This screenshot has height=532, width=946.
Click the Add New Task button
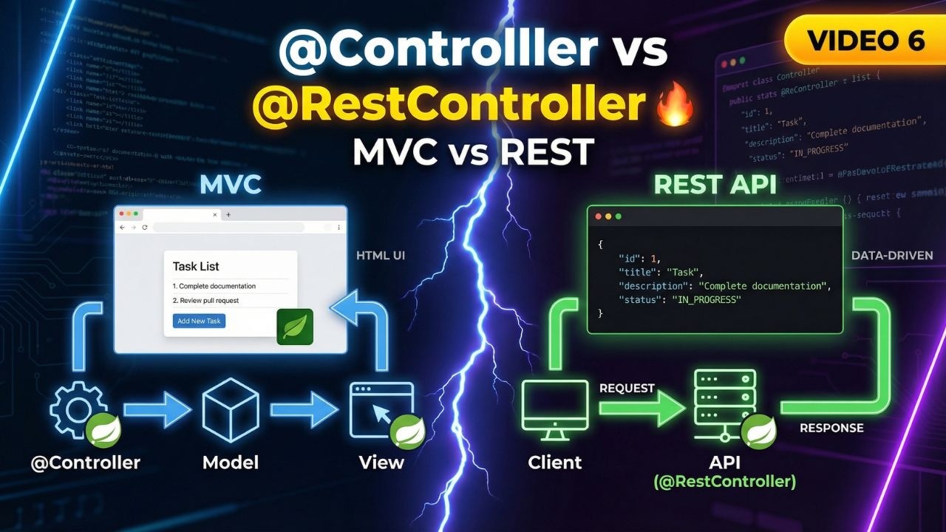click(x=199, y=321)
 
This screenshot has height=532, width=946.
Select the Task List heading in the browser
click(x=196, y=266)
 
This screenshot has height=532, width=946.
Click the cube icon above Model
click(x=231, y=409)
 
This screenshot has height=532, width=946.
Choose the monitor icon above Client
click(x=554, y=410)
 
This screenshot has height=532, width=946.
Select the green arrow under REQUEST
click(x=631, y=409)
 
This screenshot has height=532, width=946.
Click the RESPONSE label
click(x=831, y=428)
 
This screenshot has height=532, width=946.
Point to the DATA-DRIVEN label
click(x=892, y=256)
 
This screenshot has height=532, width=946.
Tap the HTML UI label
click(x=381, y=256)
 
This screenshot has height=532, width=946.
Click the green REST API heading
click(x=715, y=185)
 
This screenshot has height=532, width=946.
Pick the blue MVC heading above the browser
click(x=231, y=185)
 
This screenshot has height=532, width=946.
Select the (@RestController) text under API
click(x=724, y=482)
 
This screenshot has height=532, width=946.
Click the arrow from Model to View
click(x=303, y=409)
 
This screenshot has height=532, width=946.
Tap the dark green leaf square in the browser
click(x=294, y=327)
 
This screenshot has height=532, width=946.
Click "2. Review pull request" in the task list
click(x=205, y=301)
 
